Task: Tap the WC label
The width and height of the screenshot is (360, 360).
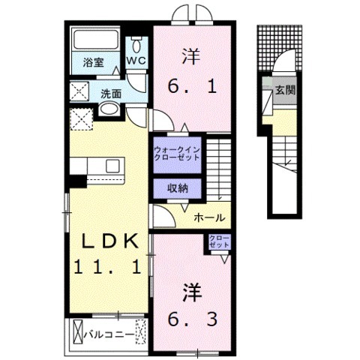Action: point(136,59)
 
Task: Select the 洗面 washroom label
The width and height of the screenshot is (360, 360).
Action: point(112,94)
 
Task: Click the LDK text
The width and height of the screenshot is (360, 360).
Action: point(109,241)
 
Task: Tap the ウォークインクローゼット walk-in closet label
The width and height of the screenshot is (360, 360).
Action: point(177,153)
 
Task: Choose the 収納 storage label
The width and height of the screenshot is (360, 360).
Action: point(177,187)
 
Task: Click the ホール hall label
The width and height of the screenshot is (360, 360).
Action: point(208,217)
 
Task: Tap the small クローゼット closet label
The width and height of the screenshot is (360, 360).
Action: point(220,242)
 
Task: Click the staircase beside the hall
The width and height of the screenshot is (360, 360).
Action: point(218,169)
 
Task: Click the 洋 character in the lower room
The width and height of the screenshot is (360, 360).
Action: point(192,289)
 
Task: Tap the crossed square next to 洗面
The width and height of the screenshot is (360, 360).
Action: point(81,92)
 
